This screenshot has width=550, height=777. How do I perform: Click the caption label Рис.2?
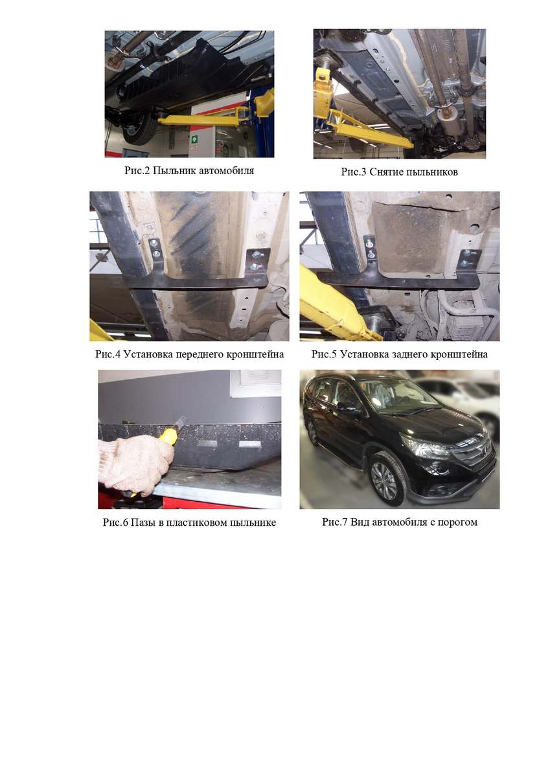[x=137, y=171]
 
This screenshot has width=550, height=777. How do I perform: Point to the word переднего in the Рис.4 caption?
[x=200, y=355]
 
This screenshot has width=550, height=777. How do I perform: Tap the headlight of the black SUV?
[x=428, y=446]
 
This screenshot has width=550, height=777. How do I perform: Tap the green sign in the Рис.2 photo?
[x=194, y=139]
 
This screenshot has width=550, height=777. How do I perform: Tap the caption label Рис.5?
[x=324, y=355]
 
